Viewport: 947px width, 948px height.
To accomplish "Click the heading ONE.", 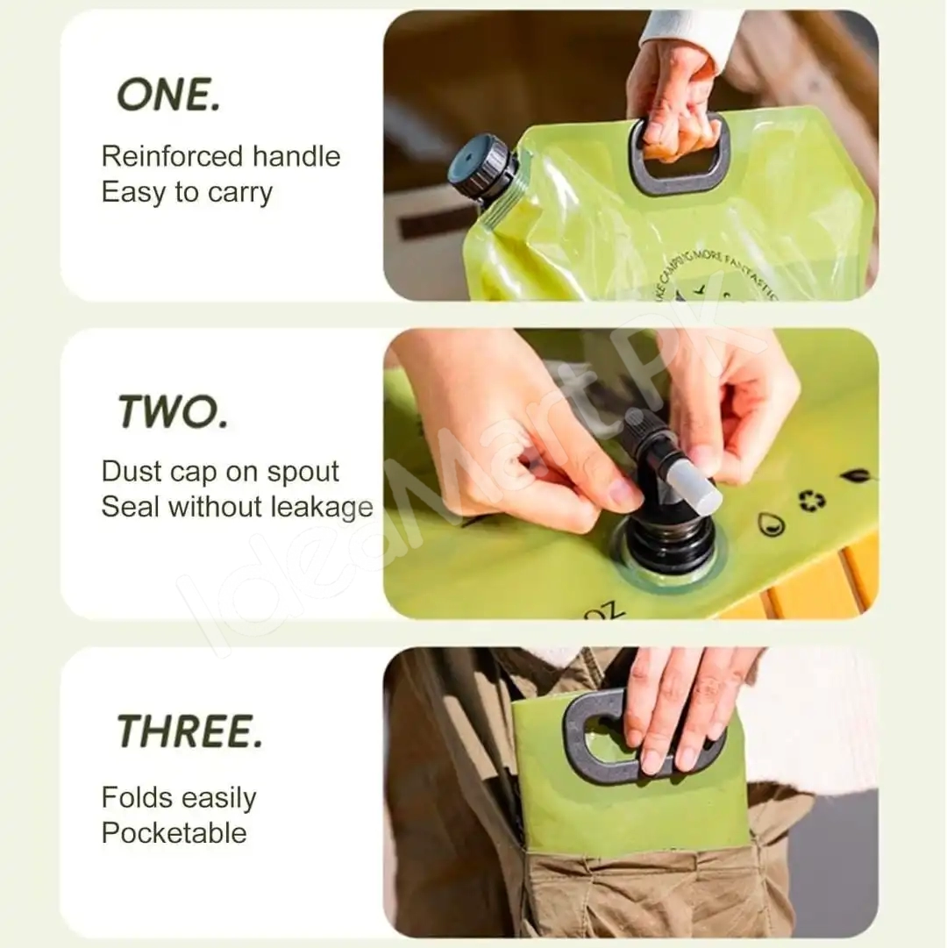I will click(x=168, y=94).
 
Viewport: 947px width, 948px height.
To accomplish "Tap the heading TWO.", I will click(x=173, y=410).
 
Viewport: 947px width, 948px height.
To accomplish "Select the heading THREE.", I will click(x=189, y=731).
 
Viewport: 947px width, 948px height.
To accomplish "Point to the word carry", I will click(x=239, y=192).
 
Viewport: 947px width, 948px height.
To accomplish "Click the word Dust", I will click(x=130, y=471).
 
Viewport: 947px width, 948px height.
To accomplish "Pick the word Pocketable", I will click(x=174, y=833).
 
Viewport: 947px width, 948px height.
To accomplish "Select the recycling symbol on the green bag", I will click(x=811, y=500).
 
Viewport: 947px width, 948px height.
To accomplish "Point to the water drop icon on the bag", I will click(x=770, y=524).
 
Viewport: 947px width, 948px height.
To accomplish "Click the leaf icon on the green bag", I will click(x=855, y=475).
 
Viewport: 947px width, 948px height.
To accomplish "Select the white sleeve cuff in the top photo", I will click(x=688, y=35).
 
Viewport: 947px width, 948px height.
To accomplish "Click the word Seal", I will click(x=131, y=507).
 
